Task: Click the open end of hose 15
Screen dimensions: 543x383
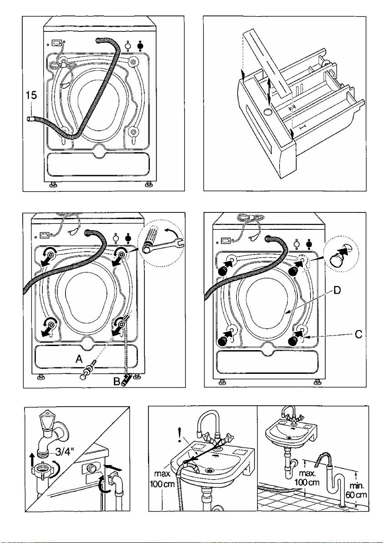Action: pyautogui.click(x=29, y=119)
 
